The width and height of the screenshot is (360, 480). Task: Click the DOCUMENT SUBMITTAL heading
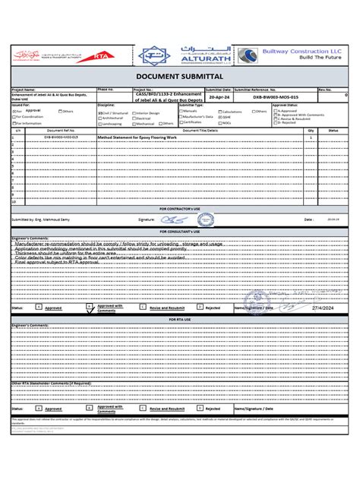pyautogui.click(x=180, y=77)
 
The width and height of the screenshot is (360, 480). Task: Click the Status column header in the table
pyautogui.click(x=333, y=131)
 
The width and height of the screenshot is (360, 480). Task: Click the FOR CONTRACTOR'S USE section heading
pyautogui.click(x=180, y=207)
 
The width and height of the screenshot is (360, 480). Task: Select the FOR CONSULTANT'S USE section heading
pyautogui.click(x=180, y=231)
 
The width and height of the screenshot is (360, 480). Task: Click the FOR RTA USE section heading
pyautogui.click(x=180, y=320)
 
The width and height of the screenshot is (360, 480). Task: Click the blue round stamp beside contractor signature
pyautogui.click(x=205, y=219)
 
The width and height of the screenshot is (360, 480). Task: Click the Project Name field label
pyautogui.click(x=26, y=89)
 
